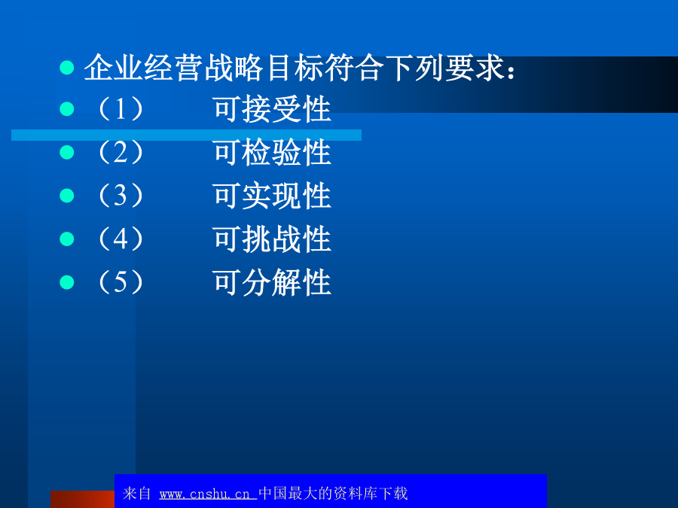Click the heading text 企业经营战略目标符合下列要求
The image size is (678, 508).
[295, 68]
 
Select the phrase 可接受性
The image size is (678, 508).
[272, 109]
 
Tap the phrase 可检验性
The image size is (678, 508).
[272, 152]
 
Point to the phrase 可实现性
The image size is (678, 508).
[272, 196]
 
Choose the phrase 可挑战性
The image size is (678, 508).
[272, 239]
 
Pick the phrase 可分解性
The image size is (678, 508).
[272, 282]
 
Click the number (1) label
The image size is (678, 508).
[121, 109]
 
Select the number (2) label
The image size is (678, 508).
[121, 152]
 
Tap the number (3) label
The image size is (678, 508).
[121, 196]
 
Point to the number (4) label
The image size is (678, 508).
[121, 239]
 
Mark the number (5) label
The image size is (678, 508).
[121, 282]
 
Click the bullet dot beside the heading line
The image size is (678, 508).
[67, 68]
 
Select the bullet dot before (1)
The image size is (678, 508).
[67, 109]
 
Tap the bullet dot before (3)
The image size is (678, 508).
[67, 196]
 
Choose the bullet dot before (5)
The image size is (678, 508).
[67, 282]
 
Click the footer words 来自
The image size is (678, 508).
[136, 493]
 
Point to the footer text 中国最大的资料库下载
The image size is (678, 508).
[333, 493]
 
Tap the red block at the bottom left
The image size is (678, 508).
[82, 500]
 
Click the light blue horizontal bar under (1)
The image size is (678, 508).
[186, 135]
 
